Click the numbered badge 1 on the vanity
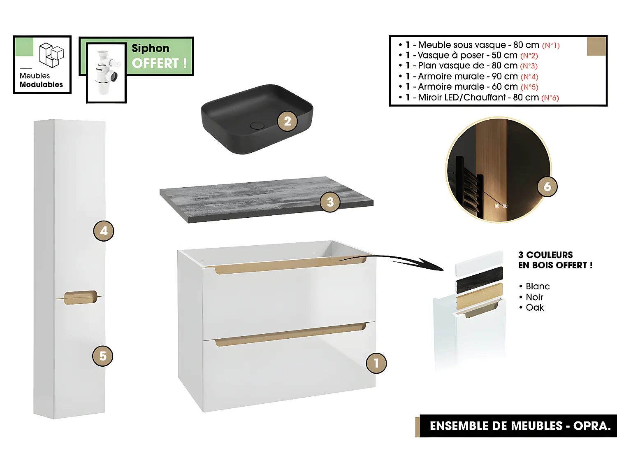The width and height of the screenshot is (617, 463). point(376,363)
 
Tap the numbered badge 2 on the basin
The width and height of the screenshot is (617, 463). point(287,121)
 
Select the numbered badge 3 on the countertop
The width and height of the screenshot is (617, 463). point(330,202)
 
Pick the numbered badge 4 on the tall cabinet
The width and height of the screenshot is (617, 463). point(104,231)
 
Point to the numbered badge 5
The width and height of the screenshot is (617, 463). point(102,356)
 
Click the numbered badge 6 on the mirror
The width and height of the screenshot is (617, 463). point(547,186)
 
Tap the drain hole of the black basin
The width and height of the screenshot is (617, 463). point(257,125)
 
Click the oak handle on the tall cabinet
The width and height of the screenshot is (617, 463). point(80,298)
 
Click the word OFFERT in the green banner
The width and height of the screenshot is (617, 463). point(155,63)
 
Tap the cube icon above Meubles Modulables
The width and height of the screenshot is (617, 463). point(51,55)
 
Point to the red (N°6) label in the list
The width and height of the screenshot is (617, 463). point(550,98)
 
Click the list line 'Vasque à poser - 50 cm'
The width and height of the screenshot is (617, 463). point(467,55)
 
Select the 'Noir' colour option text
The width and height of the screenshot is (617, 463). point(534,297)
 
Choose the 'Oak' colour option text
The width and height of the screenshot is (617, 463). point(535,308)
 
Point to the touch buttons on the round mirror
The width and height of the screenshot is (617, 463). point(501,206)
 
